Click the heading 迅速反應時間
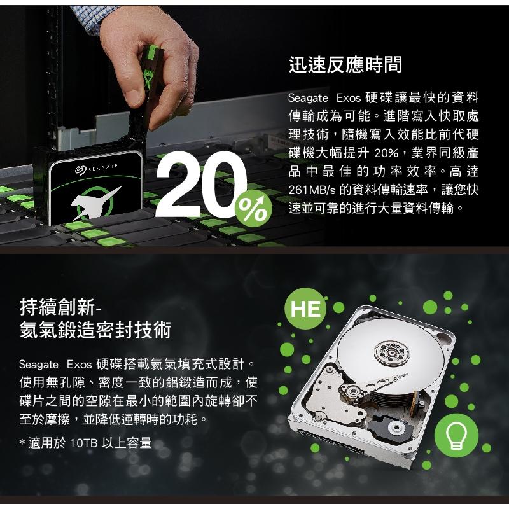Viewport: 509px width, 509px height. coord(345,64)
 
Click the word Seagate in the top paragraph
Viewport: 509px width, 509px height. coord(308,99)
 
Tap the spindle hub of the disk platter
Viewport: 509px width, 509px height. coord(389,350)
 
